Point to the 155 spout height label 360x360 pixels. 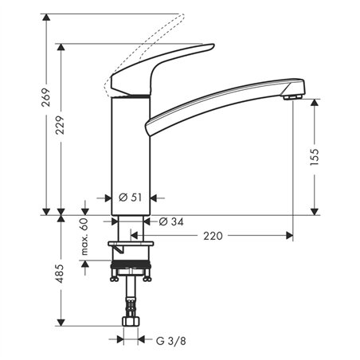313,155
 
